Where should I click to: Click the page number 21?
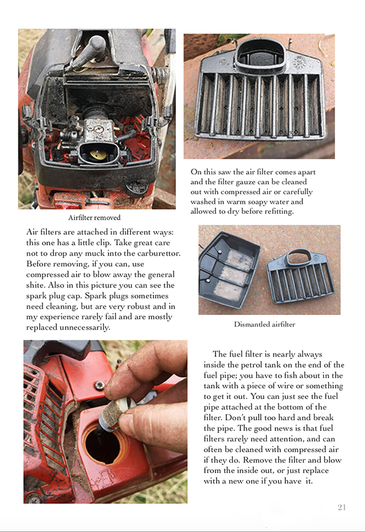pos(342,507)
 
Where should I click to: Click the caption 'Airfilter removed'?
pos(94,218)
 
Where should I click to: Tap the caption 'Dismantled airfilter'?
pos(264,324)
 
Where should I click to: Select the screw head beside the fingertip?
pos(99,386)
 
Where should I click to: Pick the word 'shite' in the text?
pos(36,285)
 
